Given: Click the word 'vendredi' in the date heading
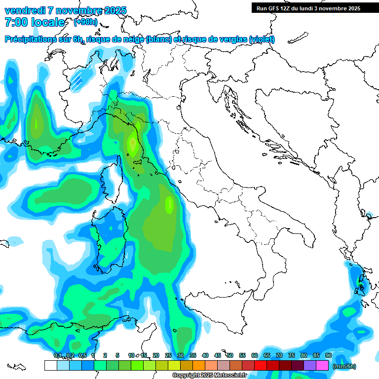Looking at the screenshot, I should [x=25, y=10].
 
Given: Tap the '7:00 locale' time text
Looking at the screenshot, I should [x=35, y=22].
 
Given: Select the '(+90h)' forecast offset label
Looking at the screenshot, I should [x=85, y=22].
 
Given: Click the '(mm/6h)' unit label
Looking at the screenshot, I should [x=344, y=366].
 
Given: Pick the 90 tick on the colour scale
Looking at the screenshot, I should [x=328, y=355].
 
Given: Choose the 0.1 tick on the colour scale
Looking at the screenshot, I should [x=57, y=355].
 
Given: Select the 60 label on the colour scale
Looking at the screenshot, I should [x=254, y=355].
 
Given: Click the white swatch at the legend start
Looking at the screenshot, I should [x=50, y=366].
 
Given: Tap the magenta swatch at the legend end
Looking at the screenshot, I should [x=322, y=366].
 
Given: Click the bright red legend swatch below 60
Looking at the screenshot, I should [x=260, y=366].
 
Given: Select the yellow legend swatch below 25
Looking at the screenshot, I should [x=174, y=366].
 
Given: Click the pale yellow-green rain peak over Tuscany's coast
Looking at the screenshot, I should [x=132, y=144].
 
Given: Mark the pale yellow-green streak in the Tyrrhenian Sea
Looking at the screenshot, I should [x=169, y=203].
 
